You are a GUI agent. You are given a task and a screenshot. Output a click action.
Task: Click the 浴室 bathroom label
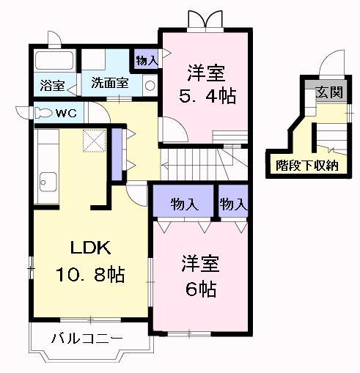click(52, 85)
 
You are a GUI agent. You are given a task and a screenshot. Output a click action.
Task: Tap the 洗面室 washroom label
click(110, 83)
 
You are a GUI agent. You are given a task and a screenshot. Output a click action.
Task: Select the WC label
click(66, 113)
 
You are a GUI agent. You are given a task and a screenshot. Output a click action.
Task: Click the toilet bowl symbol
click(43, 113)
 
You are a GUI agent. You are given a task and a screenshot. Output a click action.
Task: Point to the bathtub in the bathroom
click(54, 60)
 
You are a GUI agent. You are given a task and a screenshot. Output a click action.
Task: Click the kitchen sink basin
click(48, 182)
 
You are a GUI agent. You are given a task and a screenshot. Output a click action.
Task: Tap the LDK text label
click(90, 248)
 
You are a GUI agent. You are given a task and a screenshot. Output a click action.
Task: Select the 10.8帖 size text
click(90, 275)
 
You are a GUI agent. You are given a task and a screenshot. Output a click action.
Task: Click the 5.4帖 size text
click(207, 96)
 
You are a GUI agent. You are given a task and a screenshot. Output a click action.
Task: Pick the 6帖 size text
click(201, 289)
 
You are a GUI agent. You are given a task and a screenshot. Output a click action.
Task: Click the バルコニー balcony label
click(87, 339)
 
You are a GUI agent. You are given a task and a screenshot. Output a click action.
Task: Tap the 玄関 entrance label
click(329, 92)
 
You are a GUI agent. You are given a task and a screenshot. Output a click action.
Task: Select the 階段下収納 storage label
click(307, 166)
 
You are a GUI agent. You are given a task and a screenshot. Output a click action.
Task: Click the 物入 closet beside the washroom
click(147, 60)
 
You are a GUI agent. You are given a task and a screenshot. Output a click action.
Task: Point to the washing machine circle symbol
click(150, 86)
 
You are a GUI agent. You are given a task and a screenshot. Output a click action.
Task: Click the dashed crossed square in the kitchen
click(94, 141)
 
